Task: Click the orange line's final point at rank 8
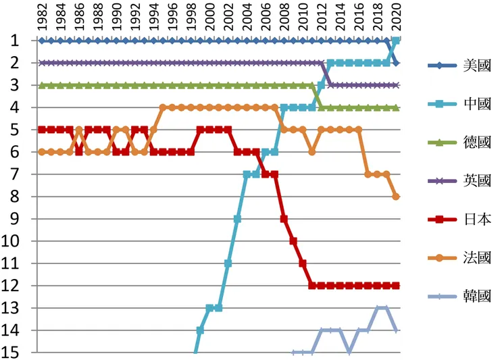pyautogui.click(x=396, y=197)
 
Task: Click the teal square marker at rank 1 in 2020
pyautogui.click(x=396, y=41)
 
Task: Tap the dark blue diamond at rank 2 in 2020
pyautogui.click(x=396, y=63)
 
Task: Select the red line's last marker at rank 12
pyautogui.click(x=396, y=286)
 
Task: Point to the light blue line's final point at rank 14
pyautogui.click(x=396, y=330)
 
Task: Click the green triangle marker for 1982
pyautogui.click(x=42, y=85)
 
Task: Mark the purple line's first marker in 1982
pyautogui.click(x=42, y=63)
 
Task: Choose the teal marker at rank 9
pyautogui.click(x=237, y=219)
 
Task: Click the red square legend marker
pyautogui.click(x=440, y=220)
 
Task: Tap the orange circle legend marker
pyautogui.click(x=440, y=258)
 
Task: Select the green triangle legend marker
pyautogui.click(x=440, y=143)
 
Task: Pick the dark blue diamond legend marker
pyautogui.click(x=440, y=66)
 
